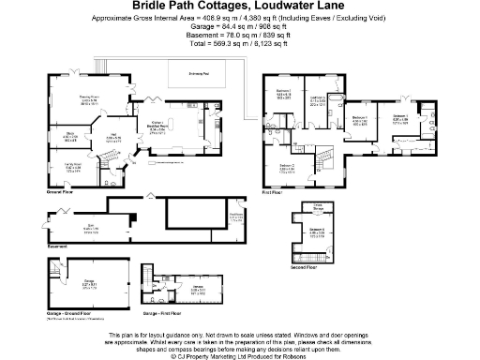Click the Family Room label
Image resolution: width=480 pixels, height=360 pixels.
(72, 169)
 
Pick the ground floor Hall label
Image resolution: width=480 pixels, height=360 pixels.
(113, 138)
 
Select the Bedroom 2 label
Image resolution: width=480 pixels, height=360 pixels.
(288, 169)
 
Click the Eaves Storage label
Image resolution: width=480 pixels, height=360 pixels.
(318, 206)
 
